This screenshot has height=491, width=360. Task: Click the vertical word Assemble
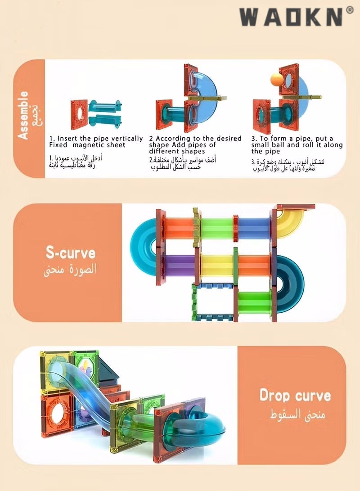23,115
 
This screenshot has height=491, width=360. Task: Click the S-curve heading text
71,252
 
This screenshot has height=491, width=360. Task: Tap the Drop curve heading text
295,396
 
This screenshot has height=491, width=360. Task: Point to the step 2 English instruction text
195,144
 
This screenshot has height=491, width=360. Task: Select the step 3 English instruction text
297,144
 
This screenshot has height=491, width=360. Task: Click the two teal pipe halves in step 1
105,113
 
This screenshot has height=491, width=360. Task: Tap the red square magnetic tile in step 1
81,114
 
